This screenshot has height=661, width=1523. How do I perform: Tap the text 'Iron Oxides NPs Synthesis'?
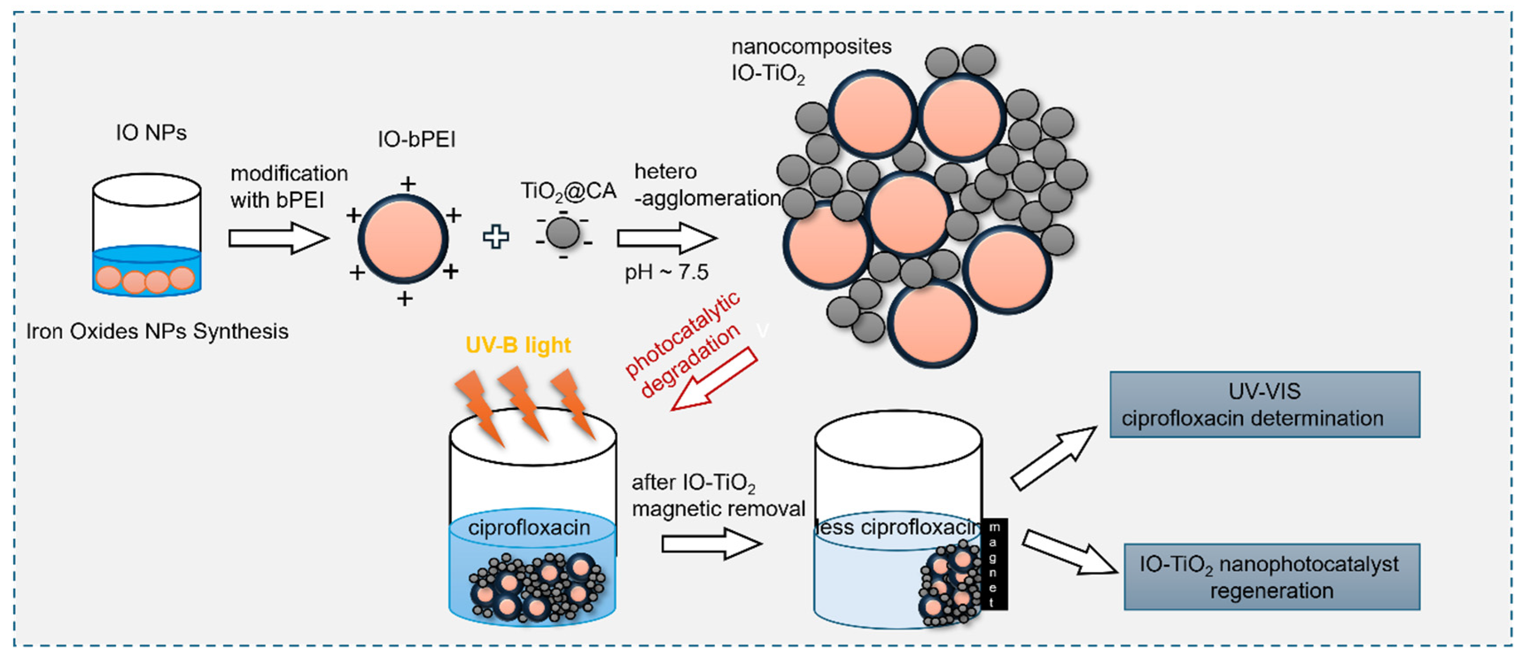pyautogui.click(x=157, y=331)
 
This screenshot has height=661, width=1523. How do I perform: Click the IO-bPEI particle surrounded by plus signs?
pyautogui.click(x=403, y=239)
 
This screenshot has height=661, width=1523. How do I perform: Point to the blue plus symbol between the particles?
pyautogui.click(x=496, y=237)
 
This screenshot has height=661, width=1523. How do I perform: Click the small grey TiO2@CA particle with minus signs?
pyautogui.click(x=563, y=232)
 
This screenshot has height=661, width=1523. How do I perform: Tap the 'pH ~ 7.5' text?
pyautogui.click(x=667, y=272)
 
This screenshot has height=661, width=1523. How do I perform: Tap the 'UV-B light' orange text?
pyautogui.click(x=518, y=345)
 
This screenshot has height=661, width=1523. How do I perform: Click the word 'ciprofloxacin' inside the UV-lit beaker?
pyautogui.click(x=529, y=527)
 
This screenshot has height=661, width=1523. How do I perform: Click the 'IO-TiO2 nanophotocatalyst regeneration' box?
pyautogui.click(x=1271, y=576)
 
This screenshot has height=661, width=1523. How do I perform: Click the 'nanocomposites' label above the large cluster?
pyautogui.click(x=811, y=47)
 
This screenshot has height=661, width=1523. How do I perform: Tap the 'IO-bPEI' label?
pyautogui.click(x=416, y=140)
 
